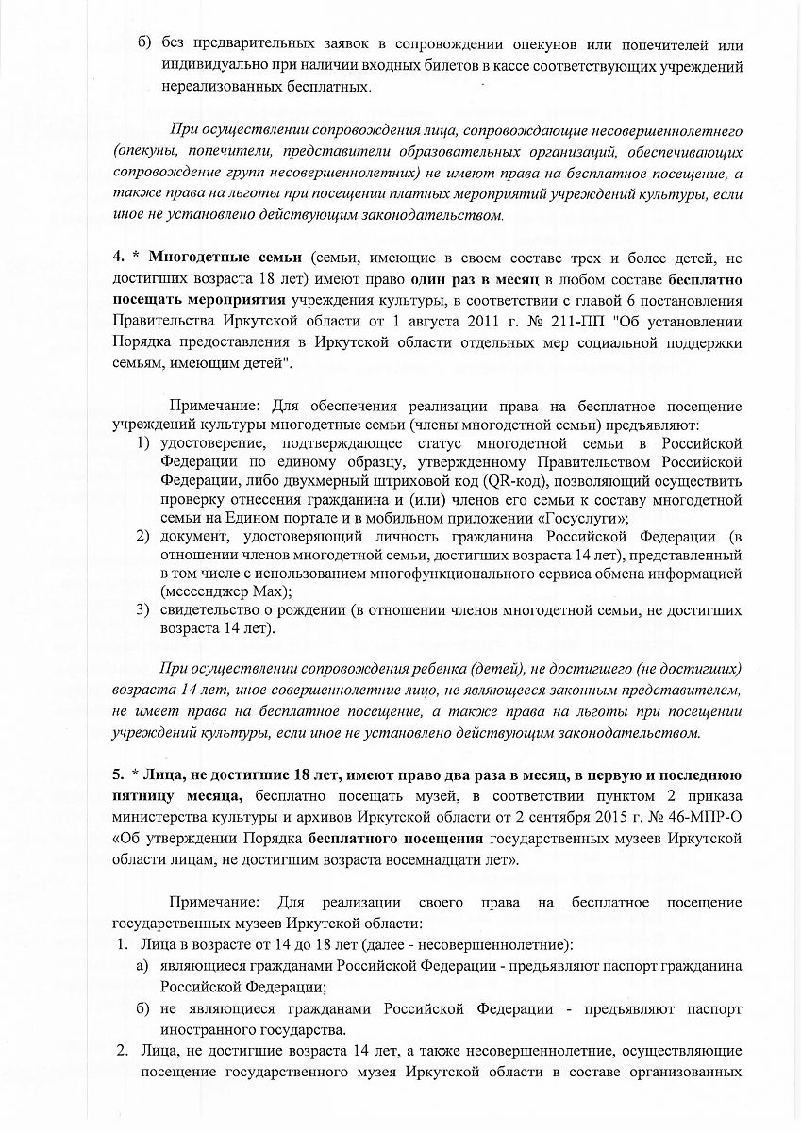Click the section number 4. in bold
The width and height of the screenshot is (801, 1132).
point(118,258)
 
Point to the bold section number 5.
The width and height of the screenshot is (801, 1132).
point(118,774)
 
